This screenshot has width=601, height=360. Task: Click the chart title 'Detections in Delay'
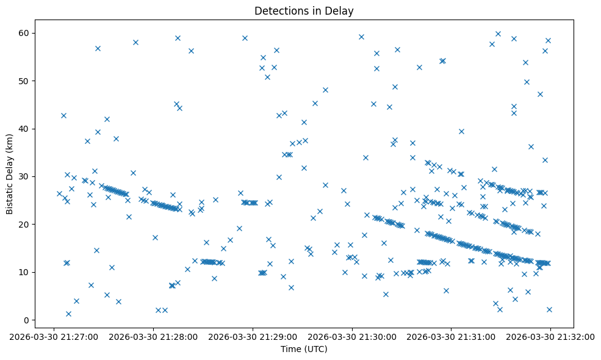coord(304,11)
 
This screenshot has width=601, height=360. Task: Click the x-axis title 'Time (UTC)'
coord(304,349)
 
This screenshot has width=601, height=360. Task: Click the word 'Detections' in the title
coord(278,11)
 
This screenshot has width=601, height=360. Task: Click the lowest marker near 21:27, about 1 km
coord(68,314)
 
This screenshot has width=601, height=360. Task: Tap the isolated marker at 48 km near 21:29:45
coord(325,90)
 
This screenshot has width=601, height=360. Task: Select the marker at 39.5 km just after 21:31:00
coord(461,131)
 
